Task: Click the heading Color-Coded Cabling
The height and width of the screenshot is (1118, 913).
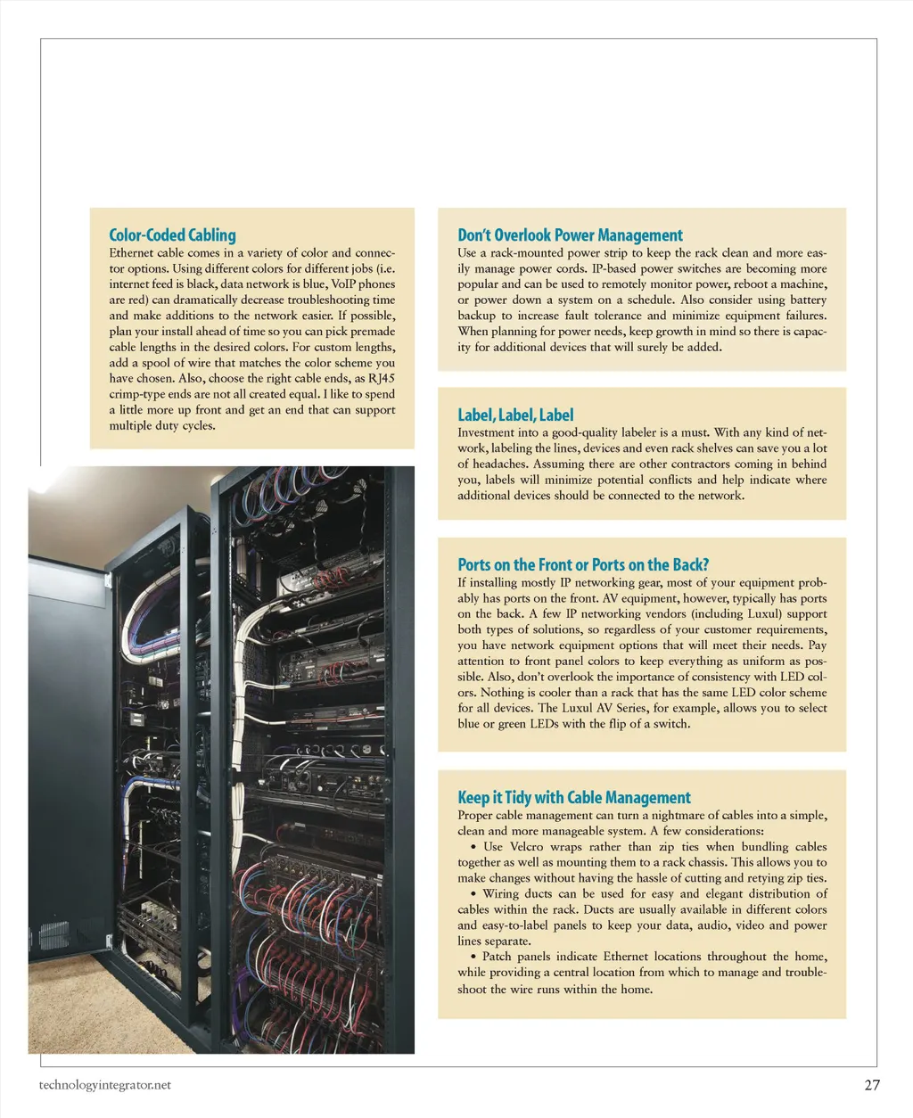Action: pyautogui.click(x=172, y=235)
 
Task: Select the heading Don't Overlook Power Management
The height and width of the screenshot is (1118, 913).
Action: pyautogui.click(x=570, y=235)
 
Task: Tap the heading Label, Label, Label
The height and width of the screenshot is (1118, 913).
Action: pyautogui.click(x=515, y=415)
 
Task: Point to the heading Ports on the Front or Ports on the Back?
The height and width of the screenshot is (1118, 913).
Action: pyautogui.click(x=583, y=564)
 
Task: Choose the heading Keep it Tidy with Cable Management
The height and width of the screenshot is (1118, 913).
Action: pyautogui.click(x=574, y=797)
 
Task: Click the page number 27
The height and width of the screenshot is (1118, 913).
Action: pyautogui.click(x=872, y=1085)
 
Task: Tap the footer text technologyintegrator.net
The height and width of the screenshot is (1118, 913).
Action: pyautogui.click(x=105, y=1085)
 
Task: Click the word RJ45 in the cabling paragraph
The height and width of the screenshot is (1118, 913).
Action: pyautogui.click(x=382, y=378)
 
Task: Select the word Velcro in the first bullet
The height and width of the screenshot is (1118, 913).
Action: pyautogui.click(x=526, y=847)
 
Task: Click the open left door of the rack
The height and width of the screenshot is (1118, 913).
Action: pyautogui.click(x=147, y=740)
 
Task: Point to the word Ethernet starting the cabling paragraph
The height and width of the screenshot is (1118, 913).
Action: pyautogui.click(x=134, y=253)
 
